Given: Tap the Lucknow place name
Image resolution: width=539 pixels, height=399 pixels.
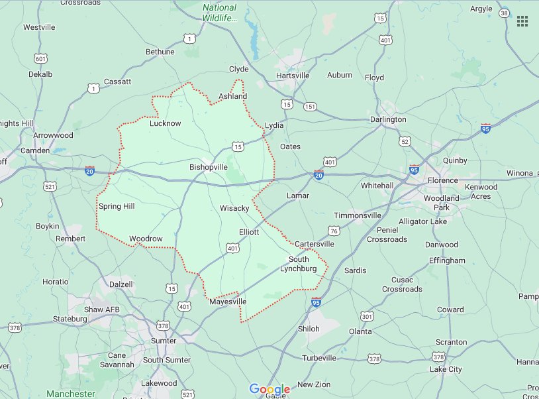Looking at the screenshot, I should (165, 123).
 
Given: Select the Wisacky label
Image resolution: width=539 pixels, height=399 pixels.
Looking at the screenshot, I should (234, 208).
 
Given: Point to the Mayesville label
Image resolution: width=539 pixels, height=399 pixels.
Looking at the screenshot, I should (228, 302).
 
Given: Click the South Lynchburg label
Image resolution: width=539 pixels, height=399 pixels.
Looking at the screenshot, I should (299, 264).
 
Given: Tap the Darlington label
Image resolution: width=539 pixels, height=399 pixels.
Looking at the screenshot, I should (388, 119).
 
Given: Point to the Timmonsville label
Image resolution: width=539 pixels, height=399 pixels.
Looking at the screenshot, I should (358, 215).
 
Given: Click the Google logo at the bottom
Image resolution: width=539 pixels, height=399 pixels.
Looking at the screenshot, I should (269, 389).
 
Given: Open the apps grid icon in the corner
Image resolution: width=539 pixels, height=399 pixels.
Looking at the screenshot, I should (522, 21).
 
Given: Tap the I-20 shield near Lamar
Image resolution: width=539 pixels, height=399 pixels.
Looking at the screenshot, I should (318, 175).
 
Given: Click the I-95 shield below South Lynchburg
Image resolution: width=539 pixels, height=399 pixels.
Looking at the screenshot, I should (316, 302).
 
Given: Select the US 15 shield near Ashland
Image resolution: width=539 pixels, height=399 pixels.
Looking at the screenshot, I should (237, 146).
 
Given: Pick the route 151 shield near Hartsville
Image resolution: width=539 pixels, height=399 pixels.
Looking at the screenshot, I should (310, 107).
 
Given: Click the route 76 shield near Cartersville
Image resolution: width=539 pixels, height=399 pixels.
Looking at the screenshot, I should (334, 231).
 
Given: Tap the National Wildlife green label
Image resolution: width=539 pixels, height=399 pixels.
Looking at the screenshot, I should (219, 13).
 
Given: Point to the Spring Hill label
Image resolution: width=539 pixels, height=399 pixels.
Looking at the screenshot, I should (117, 206).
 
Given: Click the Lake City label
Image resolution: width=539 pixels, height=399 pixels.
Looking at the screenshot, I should (446, 369).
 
